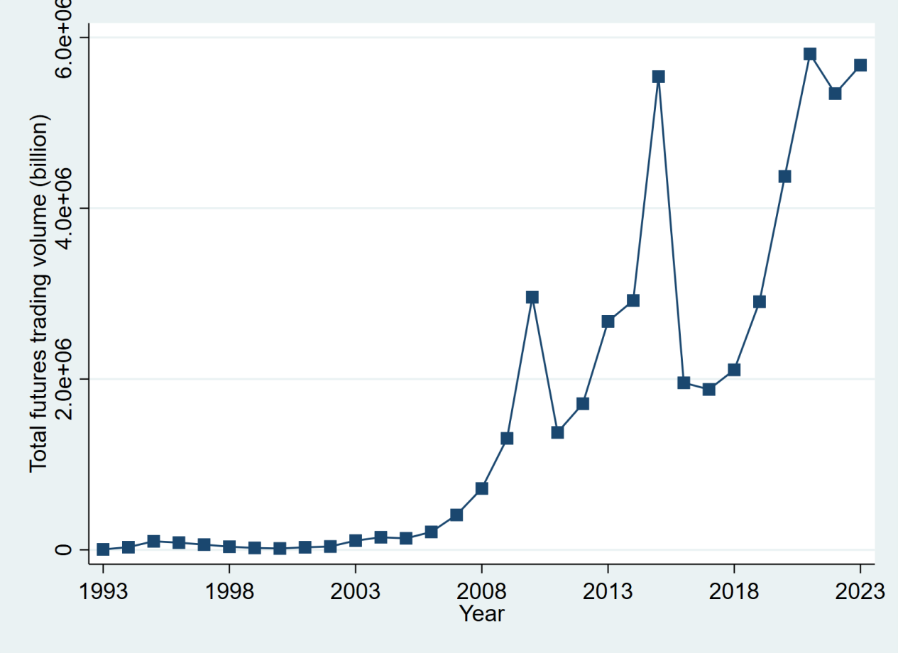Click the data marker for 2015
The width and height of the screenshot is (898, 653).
(x=658, y=77)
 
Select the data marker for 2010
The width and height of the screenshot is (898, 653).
(x=532, y=297)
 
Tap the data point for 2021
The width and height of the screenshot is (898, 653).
(x=810, y=54)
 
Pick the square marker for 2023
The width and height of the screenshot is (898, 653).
(x=860, y=65)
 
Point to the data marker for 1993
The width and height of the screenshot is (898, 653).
(x=103, y=549)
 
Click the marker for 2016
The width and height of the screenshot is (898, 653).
(x=684, y=383)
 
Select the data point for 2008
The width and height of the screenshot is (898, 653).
(x=481, y=488)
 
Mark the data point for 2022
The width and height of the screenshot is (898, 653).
(x=835, y=93)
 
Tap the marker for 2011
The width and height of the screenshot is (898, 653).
(x=557, y=432)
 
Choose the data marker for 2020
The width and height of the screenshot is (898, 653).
(x=784, y=176)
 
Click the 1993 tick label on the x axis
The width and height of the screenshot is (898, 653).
(x=103, y=591)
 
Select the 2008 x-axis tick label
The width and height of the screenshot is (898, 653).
(x=481, y=591)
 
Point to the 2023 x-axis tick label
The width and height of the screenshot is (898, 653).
(x=860, y=591)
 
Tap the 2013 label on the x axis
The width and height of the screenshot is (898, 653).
(x=608, y=591)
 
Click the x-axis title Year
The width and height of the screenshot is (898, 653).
(x=481, y=613)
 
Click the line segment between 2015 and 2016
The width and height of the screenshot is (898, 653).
(x=671, y=229)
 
